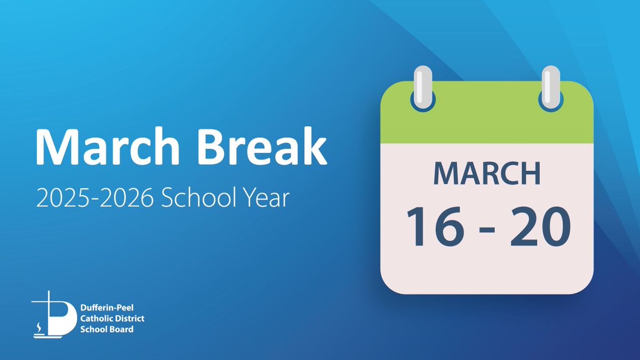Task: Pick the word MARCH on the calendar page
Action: click(x=486, y=173)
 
